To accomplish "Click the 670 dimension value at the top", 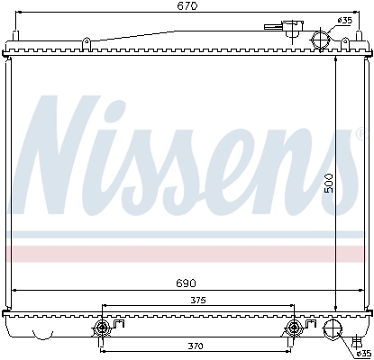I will [x=187, y=6].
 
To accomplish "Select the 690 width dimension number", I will [x=186, y=283].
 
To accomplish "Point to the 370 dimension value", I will [x=196, y=345].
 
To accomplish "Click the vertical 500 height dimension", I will [x=330, y=183].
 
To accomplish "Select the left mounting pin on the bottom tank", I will [x=102, y=328].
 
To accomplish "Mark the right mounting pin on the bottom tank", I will [x=294, y=328].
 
